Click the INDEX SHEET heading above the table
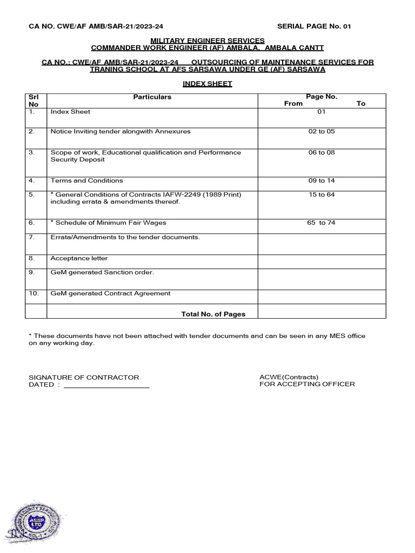coord(207,84)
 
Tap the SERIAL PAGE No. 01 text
coord(314,26)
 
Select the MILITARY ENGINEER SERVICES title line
coord(207,41)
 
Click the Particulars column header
coord(152,97)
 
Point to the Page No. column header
coord(322,97)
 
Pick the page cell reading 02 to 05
coord(322,131)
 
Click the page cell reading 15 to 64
coord(322,194)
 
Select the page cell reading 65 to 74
coord(321,222)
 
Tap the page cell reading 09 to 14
coord(322,180)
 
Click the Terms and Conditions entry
coord(86,180)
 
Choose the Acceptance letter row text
coord(79,258)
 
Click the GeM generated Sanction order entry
coord(102,272)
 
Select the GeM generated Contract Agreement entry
coord(110,293)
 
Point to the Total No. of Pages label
coord(213,314)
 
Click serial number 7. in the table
coord(32,237)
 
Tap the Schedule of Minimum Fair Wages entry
coord(108,222)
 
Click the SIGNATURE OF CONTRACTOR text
coord(84,377)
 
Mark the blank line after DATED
coord(106,386)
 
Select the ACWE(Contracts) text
coord(289,377)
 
